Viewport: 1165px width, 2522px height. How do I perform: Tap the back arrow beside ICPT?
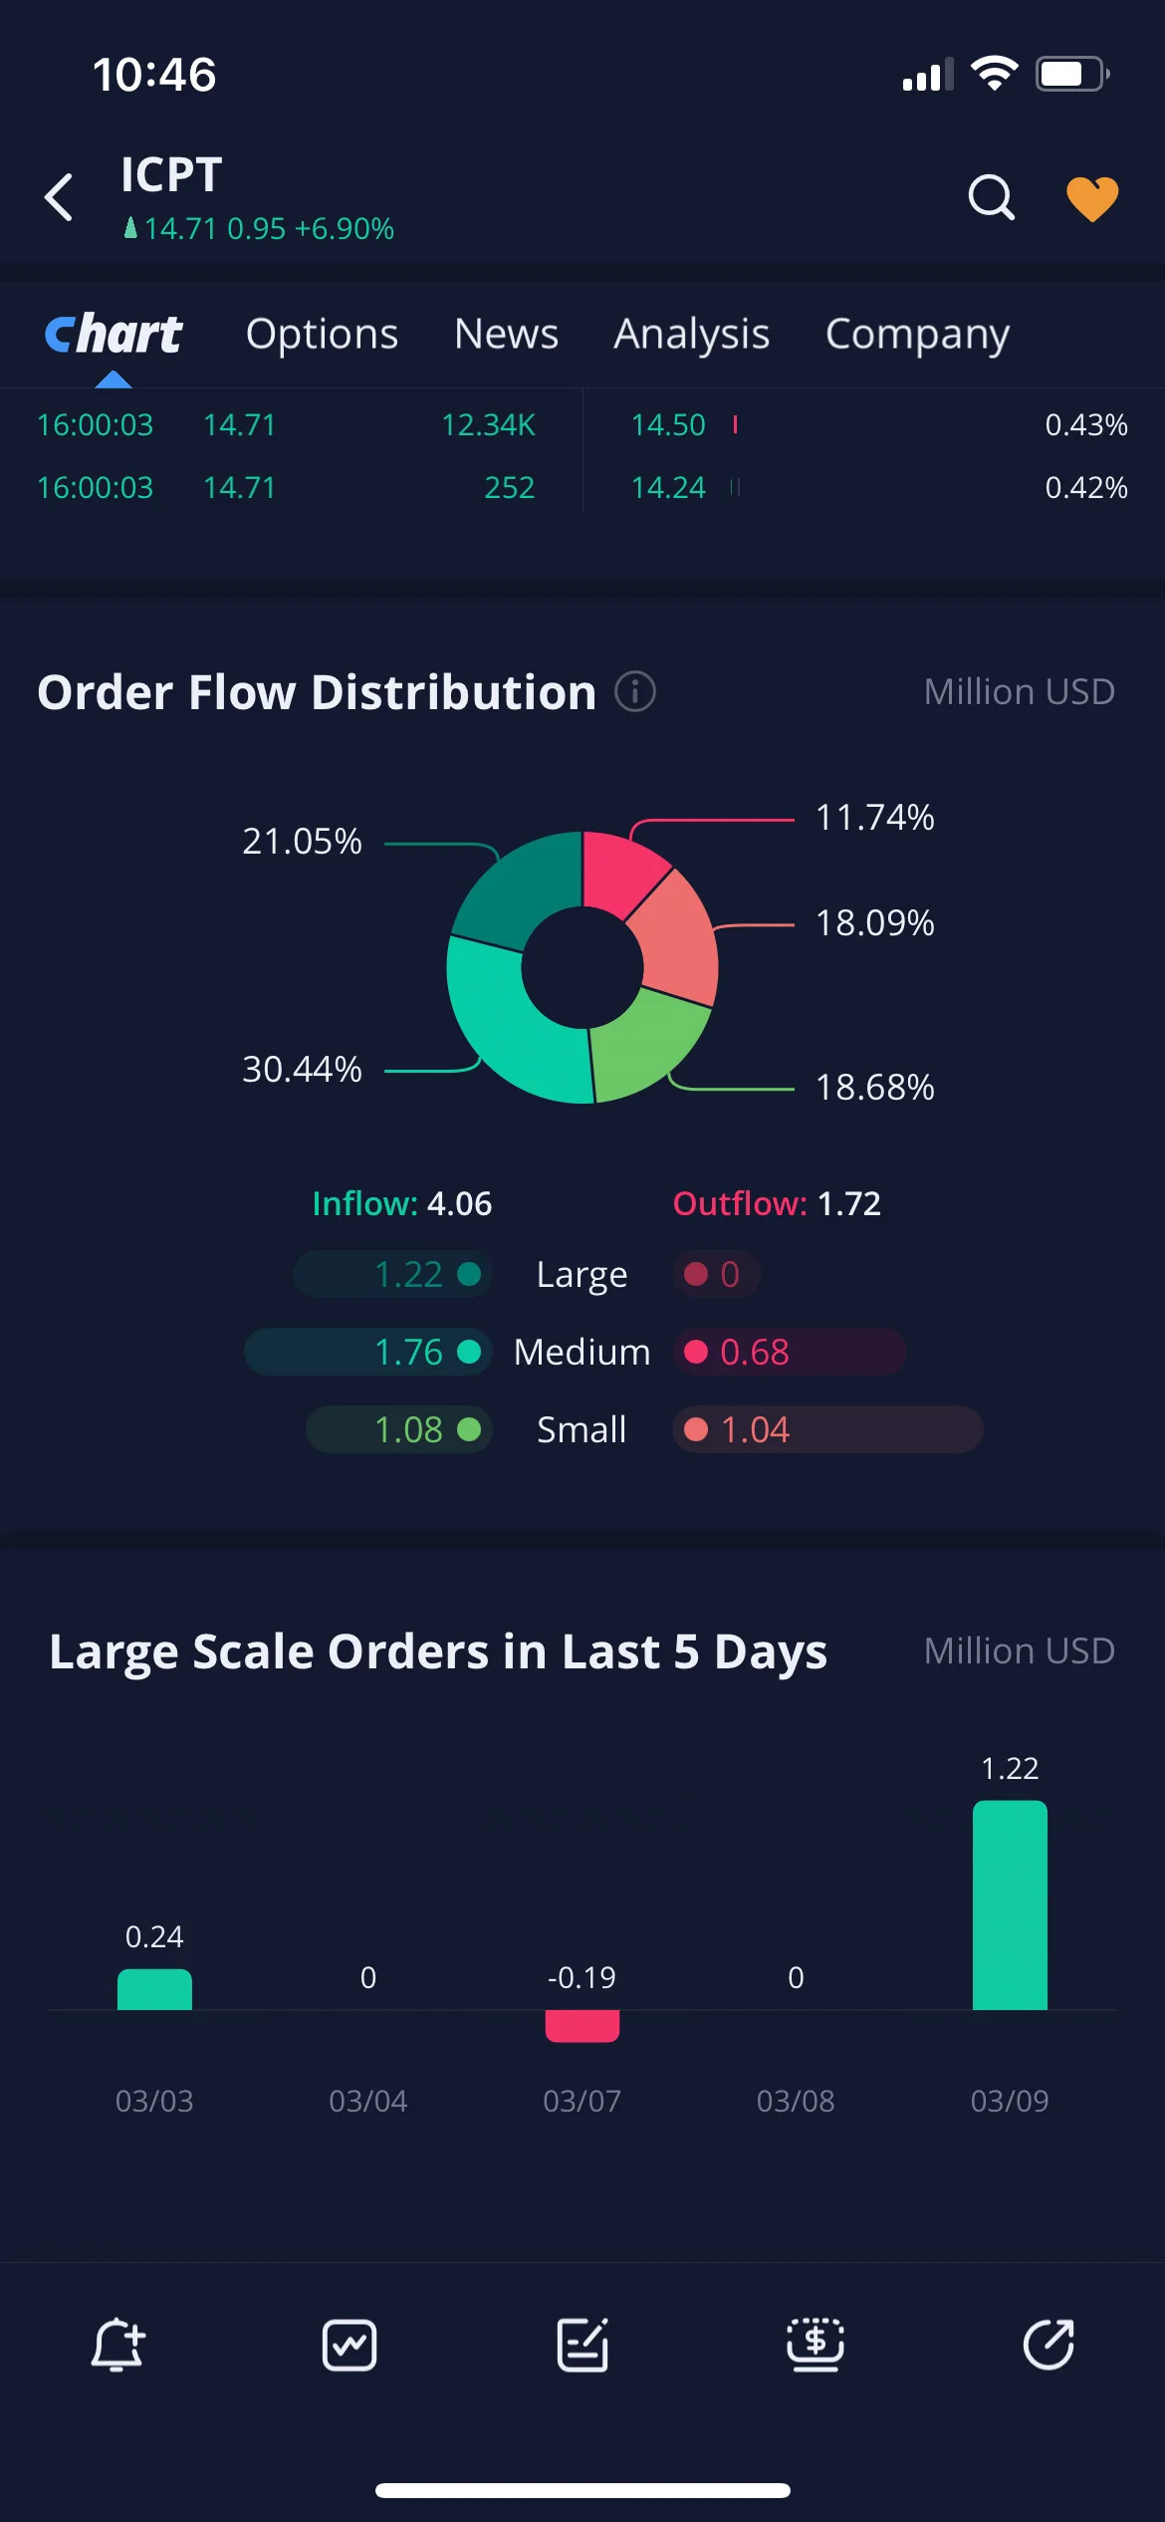[59, 196]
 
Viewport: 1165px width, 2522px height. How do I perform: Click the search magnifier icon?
[991, 197]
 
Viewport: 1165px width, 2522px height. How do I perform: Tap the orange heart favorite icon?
[1092, 198]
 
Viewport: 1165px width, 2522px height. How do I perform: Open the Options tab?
[322, 335]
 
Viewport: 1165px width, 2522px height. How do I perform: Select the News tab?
[506, 334]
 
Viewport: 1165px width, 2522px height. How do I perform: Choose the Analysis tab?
[691, 335]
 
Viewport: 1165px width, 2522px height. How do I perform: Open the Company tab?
[917, 335]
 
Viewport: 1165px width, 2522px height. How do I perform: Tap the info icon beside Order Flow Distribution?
[635, 691]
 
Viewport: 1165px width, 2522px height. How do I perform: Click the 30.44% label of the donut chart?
[302, 1069]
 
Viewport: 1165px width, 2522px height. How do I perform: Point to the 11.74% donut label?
[874, 818]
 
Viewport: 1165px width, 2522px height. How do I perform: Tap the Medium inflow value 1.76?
[408, 1352]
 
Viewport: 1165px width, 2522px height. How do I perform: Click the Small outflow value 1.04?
[755, 1429]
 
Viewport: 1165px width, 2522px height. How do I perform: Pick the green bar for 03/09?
[1010, 1904]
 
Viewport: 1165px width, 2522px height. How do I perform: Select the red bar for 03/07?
[582, 2026]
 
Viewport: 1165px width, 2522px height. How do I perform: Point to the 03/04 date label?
[367, 2101]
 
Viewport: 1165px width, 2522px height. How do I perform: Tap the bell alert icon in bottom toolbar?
[117, 2345]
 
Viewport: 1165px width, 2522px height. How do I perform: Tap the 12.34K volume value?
[488, 425]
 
